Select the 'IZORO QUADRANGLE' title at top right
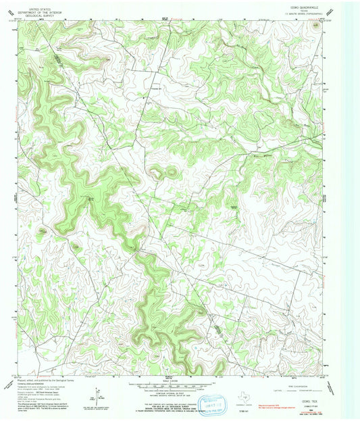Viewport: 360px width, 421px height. pyautogui.click(x=299, y=5)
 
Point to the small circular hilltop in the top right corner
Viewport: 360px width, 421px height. pyautogui.click(x=316, y=26)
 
